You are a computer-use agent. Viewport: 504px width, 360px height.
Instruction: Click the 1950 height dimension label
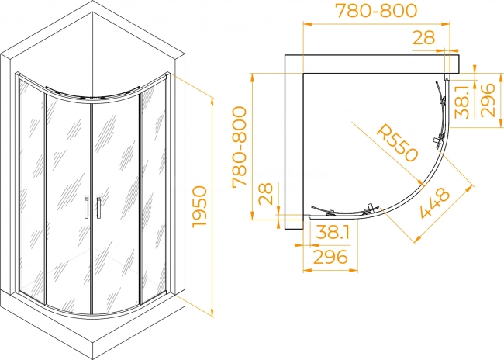(199, 207)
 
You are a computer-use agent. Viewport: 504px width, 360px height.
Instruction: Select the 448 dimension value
(434, 202)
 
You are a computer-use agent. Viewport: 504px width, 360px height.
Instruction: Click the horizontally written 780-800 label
(376, 11)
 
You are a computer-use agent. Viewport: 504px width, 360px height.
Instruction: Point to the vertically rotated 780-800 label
(240, 147)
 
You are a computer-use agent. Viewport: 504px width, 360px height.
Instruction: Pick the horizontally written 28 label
(423, 38)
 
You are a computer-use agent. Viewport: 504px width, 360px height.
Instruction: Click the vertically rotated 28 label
(266, 194)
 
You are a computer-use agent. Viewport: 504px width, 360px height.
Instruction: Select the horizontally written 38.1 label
(333, 232)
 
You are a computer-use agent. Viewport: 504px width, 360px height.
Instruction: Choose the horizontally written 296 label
(330, 257)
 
